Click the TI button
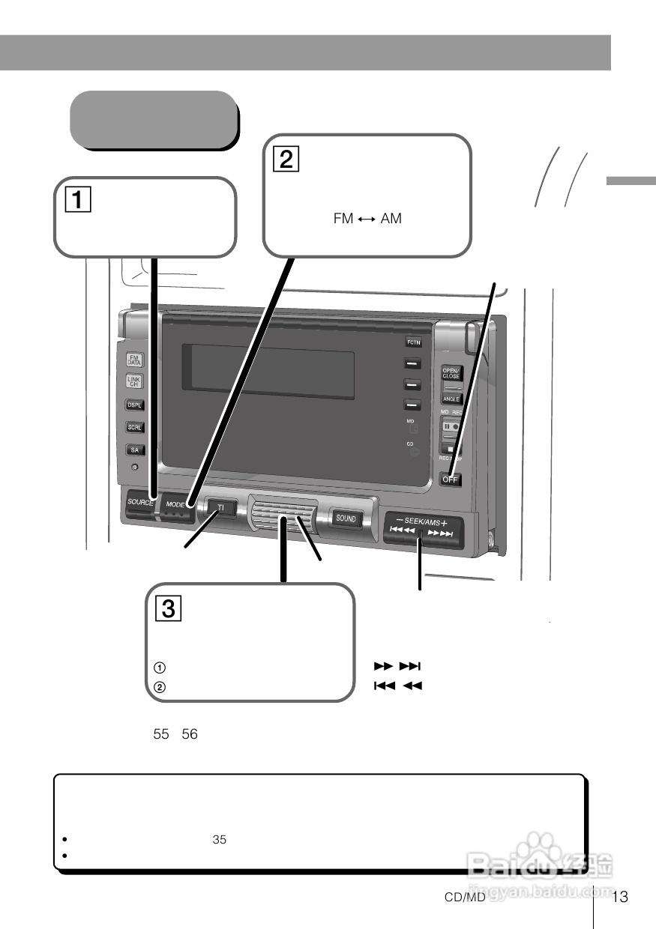pyautogui.click(x=221, y=508)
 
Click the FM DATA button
pyautogui.click(x=135, y=360)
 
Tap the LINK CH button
pyautogui.click(x=135, y=382)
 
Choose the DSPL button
pyautogui.click(x=135, y=405)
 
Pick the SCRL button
pyautogui.click(x=135, y=427)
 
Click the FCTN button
pyautogui.click(x=414, y=342)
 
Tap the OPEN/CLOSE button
pyautogui.click(x=451, y=374)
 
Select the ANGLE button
pyautogui.click(x=451, y=399)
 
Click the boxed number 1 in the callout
pyautogui.click(x=77, y=200)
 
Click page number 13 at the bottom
pyautogui.click(x=619, y=898)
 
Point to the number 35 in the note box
pyautogui.click(x=219, y=840)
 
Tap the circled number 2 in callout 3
pyautogui.click(x=159, y=686)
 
